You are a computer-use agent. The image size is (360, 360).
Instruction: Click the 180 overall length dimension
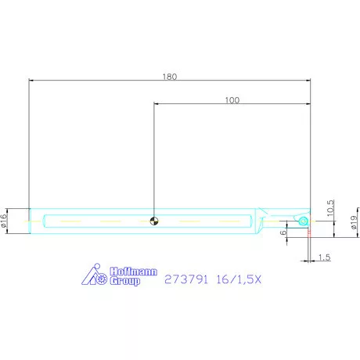click(171, 76)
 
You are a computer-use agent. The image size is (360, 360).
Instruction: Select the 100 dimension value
click(232, 99)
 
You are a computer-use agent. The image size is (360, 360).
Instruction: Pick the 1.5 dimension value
click(325, 257)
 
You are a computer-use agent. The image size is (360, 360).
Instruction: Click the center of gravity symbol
click(155, 221)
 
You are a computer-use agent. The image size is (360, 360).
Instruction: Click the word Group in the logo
click(124, 280)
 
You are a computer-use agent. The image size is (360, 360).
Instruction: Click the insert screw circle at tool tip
click(302, 222)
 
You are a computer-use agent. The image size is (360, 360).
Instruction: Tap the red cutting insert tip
click(310, 232)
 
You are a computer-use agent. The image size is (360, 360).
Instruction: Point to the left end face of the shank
click(30, 221)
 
